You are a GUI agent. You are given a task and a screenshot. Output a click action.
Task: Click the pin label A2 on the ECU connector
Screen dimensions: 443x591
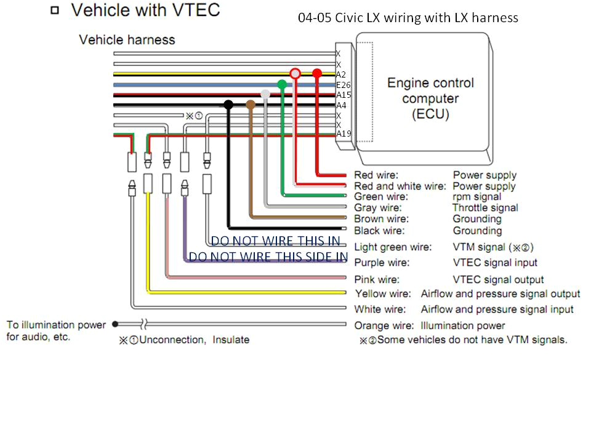(341, 74)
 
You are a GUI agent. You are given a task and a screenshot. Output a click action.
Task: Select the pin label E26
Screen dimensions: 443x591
(343, 85)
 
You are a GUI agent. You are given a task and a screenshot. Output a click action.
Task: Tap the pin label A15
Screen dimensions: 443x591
(343, 95)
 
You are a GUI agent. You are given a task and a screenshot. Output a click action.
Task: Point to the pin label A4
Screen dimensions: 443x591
(341, 105)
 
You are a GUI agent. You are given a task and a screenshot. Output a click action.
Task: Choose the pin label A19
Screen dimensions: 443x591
(343, 134)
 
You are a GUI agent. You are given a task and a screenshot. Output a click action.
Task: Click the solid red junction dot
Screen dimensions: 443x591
(317, 73)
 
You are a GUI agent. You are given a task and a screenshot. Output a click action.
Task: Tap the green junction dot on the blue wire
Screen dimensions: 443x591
(282, 84)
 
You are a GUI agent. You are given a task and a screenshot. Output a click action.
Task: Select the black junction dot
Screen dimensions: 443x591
(228, 105)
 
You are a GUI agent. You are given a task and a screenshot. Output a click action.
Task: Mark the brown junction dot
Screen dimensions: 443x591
(250, 105)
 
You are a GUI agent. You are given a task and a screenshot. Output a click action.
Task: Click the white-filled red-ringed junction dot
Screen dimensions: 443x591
(295, 73)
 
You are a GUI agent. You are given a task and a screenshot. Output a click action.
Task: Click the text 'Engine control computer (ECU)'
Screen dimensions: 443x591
(430, 98)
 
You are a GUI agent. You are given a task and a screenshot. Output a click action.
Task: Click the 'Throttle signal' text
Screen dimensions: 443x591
(485, 208)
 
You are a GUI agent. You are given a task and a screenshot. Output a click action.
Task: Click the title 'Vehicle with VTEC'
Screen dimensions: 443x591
(145, 10)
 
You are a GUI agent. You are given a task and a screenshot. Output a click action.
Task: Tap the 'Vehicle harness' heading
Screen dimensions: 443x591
(127, 40)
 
